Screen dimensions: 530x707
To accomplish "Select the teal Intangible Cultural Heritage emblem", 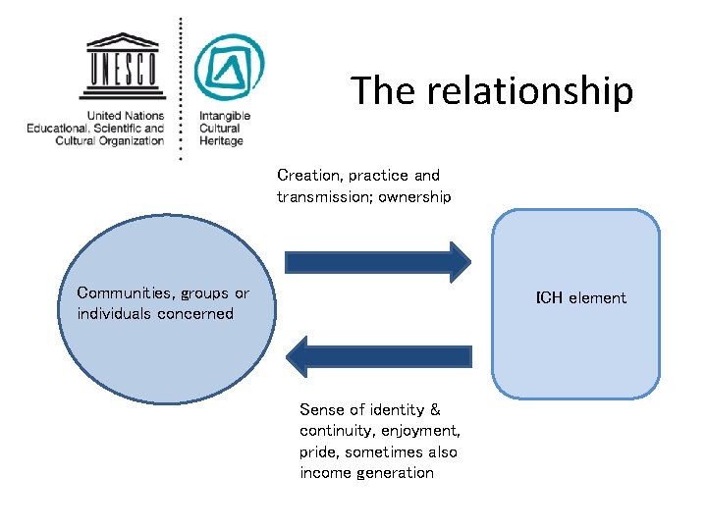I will (x=229, y=68).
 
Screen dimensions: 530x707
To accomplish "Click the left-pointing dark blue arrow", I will (x=378, y=356).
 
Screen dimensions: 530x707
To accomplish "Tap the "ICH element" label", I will (x=580, y=297).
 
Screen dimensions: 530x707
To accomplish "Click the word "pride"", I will (x=320, y=452).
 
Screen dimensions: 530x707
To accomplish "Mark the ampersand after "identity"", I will (x=435, y=409).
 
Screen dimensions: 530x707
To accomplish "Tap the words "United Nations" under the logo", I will (x=125, y=116).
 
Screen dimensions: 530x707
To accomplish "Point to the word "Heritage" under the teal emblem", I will (x=221, y=141).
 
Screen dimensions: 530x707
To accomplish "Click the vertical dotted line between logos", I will (x=180, y=88).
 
